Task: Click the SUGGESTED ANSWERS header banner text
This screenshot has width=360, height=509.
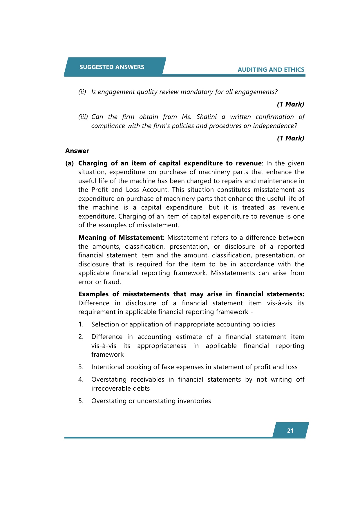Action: pos(112,67)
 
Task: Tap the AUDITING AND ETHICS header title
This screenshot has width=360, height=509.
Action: pos(271,70)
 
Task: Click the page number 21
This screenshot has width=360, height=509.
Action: pos(290,431)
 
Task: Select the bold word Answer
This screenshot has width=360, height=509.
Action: pos(77,151)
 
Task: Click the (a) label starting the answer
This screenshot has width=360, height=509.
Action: pos(70,163)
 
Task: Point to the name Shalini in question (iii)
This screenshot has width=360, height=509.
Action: pos(207,117)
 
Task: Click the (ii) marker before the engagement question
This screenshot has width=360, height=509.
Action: pos(82,92)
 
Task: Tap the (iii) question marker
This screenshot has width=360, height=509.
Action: pos(83,117)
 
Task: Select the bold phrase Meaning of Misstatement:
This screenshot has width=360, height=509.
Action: pos(122,238)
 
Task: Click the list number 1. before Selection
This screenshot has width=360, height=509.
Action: pos(81,324)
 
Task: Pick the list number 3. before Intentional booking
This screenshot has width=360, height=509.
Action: pos(81,367)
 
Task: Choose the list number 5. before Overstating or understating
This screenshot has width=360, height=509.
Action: pos(81,401)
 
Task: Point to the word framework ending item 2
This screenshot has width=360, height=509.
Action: pos(107,355)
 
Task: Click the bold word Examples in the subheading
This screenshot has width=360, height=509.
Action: pos(93,294)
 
